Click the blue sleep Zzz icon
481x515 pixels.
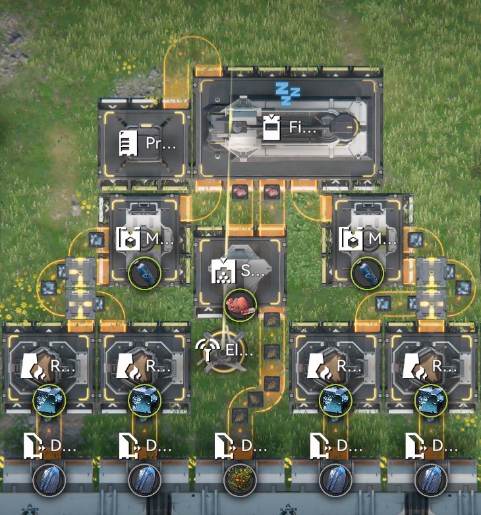point(287,90)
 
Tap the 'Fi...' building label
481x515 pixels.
point(304,127)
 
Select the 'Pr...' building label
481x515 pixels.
point(161,143)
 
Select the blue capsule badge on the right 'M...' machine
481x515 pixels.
point(367,273)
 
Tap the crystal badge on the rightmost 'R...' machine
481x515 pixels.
point(432,400)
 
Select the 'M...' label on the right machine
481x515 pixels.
point(379,238)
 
